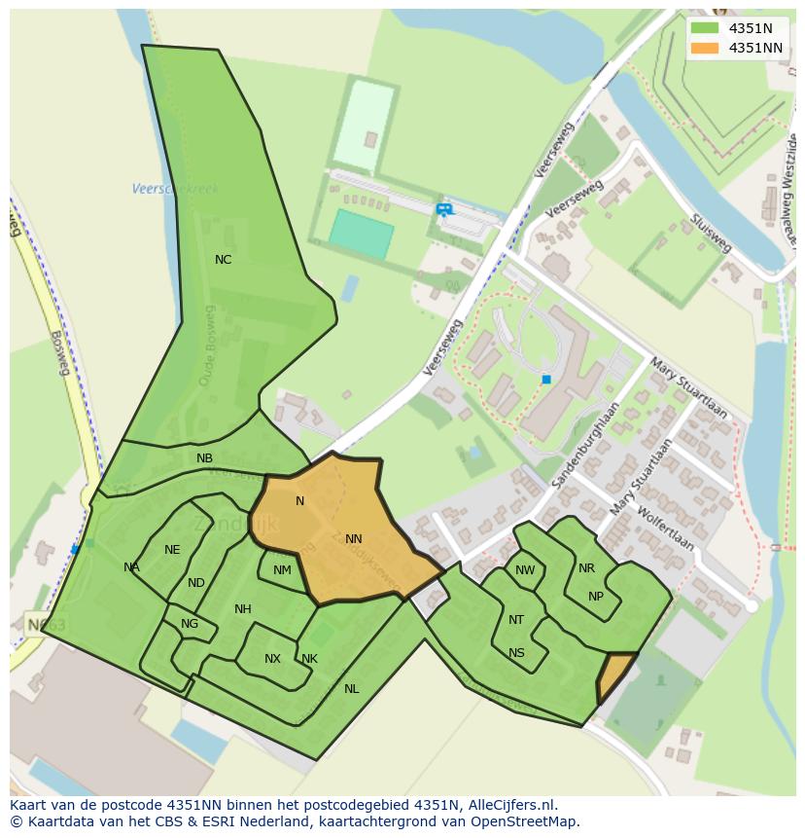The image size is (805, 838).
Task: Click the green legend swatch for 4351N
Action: (x=706, y=28)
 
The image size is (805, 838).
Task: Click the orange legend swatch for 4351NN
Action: (x=706, y=47)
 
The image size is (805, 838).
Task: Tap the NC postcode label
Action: (x=224, y=260)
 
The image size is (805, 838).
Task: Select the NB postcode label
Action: (x=204, y=458)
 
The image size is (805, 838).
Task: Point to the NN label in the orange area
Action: (x=353, y=539)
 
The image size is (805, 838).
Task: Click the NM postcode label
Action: (x=282, y=570)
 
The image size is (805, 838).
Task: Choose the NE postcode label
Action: (x=172, y=550)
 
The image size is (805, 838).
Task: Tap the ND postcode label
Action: (x=196, y=583)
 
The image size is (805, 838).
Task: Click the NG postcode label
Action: (x=190, y=624)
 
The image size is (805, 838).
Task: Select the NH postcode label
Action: (x=243, y=609)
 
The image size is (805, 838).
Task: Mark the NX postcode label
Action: (x=272, y=659)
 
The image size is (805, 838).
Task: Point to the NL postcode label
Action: (x=351, y=689)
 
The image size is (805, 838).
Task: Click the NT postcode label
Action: (x=516, y=620)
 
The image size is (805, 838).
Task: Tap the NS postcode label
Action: (x=516, y=653)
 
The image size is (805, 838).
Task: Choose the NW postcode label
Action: (x=525, y=570)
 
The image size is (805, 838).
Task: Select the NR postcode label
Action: (x=586, y=568)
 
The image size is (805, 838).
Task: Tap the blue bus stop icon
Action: (x=444, y=209)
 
